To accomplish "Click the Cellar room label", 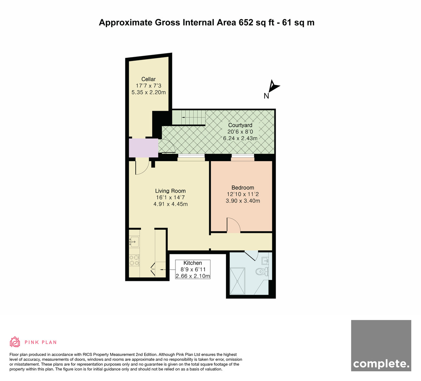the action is (x=148, y=79).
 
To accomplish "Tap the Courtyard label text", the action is (x=240, y=125).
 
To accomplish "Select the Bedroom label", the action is (x=243, y=188).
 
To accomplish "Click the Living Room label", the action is (x=171, y=191).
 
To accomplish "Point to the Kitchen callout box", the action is (x=193, y=269).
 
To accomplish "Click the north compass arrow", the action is (x=273, y=86).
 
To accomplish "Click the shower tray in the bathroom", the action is (x=238, y=281).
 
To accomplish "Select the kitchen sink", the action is (x=134, y=242).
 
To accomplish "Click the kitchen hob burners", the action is (x=134, y=260).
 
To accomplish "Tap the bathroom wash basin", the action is (x=265, y=261).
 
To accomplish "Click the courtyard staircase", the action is (x=188, y=118).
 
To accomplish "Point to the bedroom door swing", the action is (x=234, y=225).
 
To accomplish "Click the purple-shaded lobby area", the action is (x=143, y=147).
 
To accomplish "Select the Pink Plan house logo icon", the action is (x=15, y=342).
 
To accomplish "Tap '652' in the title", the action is (x=246, y=22).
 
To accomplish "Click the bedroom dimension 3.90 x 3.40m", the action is (x=243, y=201).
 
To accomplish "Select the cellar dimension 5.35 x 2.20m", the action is (x=149, y=92).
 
